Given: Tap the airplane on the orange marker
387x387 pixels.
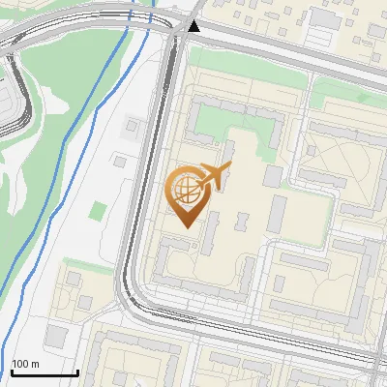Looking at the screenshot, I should [x=214, y=176].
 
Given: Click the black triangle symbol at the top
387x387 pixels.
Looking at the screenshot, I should [x=194, y=26].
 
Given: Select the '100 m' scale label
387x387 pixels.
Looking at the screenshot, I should [x=25, y=363].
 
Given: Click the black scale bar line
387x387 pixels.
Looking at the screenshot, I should [x=45, y=372].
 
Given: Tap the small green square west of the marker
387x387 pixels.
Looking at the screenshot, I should [x=98, y=209].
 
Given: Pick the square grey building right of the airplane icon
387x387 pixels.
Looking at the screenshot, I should [x=273, y=176].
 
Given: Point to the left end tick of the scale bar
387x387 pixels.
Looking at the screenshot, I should [x=12, y=372].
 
